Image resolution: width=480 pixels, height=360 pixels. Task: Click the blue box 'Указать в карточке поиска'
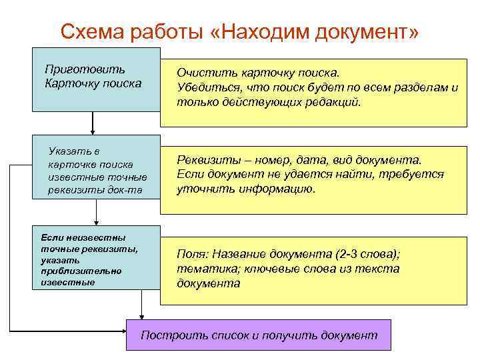pyautogui.click(x=97, y=167)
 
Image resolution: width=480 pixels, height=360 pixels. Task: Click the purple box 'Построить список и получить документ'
pyautogui.click(x=259, y=335)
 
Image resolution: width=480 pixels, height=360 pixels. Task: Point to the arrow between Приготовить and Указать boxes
pyautogui.click(x=92, y=122)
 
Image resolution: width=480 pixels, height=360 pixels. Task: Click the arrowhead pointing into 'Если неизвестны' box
pyautogui.click(x=97, y=222)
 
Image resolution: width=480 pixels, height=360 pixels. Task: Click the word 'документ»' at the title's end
pyautogui.click(x=373, y=32)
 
